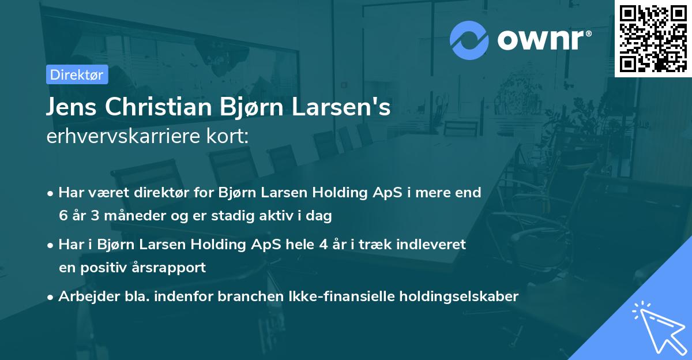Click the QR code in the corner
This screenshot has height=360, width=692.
[653, 39]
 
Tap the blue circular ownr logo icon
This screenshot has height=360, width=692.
[469, 40]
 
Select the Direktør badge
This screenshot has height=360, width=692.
[77, 74]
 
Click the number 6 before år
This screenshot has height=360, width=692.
[62, 216]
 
